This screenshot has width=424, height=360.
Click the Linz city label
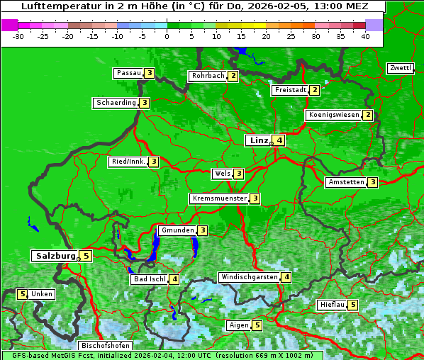[257, 140]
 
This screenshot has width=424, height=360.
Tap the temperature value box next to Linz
[280, 140]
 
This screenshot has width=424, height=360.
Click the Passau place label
[128, 73]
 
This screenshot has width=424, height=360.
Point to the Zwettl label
[400, 68]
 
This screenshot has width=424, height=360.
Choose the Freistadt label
[291, 90]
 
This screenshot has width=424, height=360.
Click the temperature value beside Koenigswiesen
[367, 115]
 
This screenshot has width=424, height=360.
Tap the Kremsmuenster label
[219, 198]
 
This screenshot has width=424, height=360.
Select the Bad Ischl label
[149, 279]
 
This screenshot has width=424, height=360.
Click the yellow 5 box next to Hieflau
[353, 305]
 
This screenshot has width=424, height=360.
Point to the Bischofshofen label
[105, 345]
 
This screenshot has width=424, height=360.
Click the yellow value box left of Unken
[22, 294]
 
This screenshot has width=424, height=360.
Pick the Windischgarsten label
[248, 277]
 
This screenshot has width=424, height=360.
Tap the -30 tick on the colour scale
[18, 35]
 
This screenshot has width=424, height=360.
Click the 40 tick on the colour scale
[365, 35]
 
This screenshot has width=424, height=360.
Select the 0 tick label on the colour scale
[167, 35]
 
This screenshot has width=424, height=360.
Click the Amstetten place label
[346, 182]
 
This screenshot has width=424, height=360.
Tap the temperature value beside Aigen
[257, 325]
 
